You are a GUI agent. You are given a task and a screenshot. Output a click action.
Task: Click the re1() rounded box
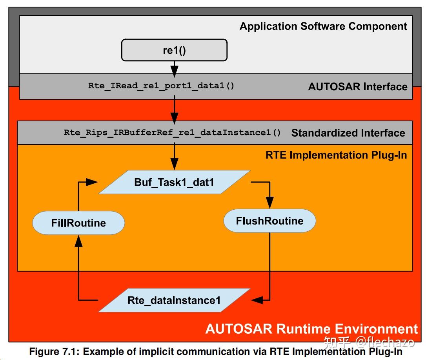[174, 50]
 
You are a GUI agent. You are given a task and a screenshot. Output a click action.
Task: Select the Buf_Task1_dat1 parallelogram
[174, 182]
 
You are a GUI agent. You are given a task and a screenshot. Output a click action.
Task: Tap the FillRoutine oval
[78, 223]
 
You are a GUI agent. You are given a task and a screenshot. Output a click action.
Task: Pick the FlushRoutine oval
[269, 221]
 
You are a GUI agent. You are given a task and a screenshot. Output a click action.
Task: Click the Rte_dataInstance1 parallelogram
[174, 300]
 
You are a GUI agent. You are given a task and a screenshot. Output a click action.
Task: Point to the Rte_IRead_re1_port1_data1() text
[161, 86]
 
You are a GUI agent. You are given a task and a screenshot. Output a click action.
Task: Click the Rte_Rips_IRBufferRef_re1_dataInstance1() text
[172, 133]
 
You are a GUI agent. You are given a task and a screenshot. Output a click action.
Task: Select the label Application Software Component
[323, 26]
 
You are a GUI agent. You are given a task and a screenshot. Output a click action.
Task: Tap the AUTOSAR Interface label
[358, 87]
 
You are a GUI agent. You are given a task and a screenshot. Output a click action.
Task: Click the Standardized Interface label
[348, 133]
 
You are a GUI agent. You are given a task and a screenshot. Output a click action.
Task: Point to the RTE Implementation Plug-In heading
[336, 155]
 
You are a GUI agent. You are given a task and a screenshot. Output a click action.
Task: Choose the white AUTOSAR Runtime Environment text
[311, 329]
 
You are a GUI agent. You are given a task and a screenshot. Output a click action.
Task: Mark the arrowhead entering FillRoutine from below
[78, 241]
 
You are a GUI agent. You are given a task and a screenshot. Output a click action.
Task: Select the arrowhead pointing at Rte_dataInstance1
[257, 300]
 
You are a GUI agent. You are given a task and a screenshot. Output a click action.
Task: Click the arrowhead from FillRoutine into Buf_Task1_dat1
[92, 182]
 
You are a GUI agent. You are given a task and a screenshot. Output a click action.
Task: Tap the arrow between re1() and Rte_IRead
[174, 69]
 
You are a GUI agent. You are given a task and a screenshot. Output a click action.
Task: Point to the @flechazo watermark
[385, 342]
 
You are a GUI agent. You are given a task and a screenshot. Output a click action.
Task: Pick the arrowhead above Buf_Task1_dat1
[174, 164]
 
